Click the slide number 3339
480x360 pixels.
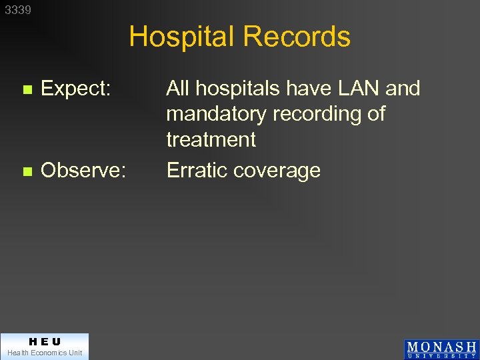tap(18, 10)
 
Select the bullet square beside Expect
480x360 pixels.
tap(27, 89)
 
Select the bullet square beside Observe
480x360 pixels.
tap(27, 171)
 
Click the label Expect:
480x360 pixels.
tap(75, 89)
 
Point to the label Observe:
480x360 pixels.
tap(83, 171)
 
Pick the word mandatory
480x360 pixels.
tap(217, 114)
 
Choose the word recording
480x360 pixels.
tap(317, 115)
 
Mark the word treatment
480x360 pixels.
tap(211, 140)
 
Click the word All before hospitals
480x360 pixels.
tap(178, 89)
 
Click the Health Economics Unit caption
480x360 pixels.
tap(44, 353)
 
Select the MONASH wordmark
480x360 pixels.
tap(441, 347)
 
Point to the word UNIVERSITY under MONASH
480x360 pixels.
tap(441, 356)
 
